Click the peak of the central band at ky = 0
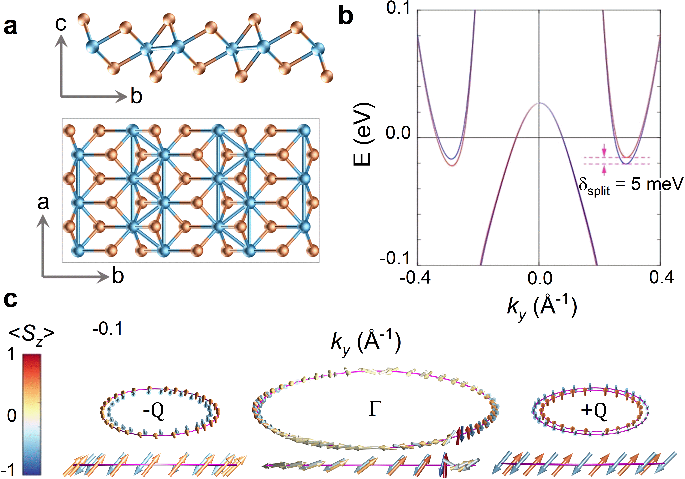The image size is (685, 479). (539, 103)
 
